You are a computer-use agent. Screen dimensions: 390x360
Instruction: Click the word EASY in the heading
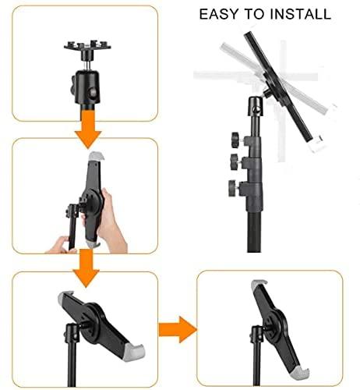pyautogui.click(x=219, y=14)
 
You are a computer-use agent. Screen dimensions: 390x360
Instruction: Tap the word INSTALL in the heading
pyautogui.click(x=302, y=14)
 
